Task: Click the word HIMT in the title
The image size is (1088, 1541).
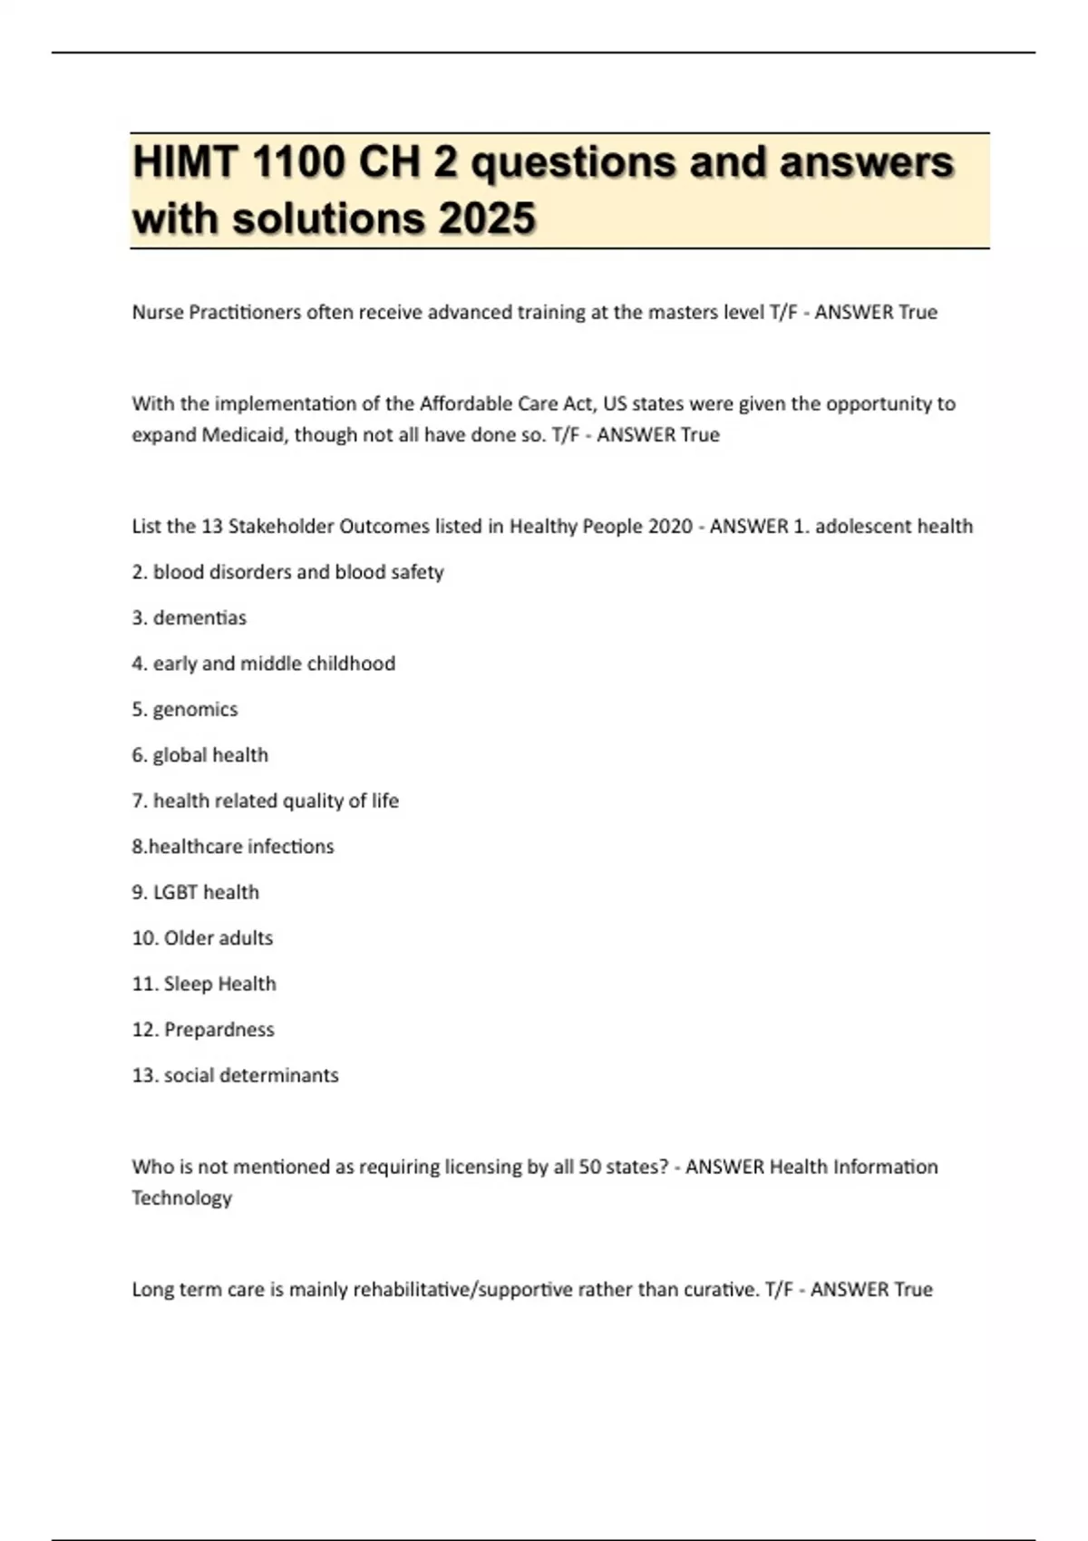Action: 186,163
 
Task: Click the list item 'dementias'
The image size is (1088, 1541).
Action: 199,617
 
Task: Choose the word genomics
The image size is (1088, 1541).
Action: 195,709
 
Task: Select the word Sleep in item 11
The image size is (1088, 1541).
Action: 187,984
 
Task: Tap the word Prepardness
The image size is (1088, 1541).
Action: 219,1030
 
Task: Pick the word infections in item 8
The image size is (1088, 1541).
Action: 290,847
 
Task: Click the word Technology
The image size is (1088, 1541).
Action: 181,1197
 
